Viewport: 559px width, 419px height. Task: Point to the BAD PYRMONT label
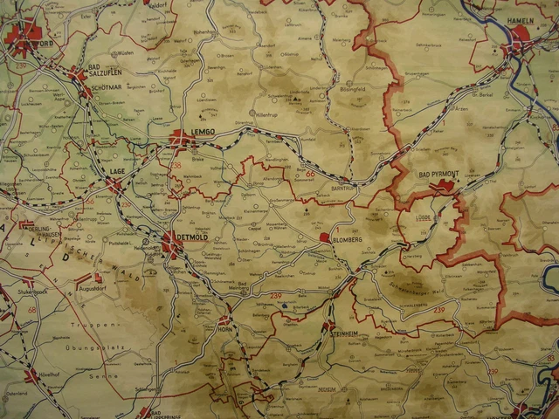(x=438, y=175)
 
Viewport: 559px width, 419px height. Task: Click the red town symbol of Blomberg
(x=325, y=237)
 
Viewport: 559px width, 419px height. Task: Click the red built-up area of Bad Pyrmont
(x=445, y=185)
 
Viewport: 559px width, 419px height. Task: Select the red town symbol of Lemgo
(x=180, y=137)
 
